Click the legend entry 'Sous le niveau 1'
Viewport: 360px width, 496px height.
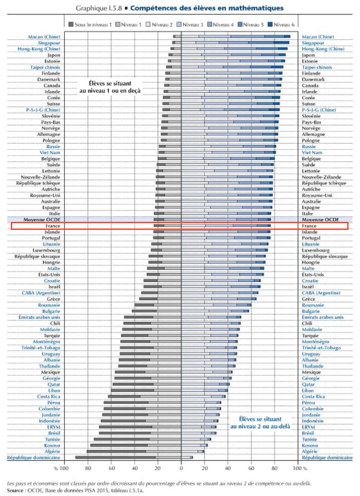click(x=90, y=25)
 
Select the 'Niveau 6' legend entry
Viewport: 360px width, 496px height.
click(x=281, y=25)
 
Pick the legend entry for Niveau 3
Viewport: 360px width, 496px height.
click(x=190, y=25)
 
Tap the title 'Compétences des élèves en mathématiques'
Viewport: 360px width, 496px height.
click(x=207, y=8)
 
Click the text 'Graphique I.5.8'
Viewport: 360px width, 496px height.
click(x=99, y=8)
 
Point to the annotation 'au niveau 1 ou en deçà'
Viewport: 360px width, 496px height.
click(x=110, y=91)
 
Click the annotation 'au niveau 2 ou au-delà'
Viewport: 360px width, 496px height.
click(x=260, y=426)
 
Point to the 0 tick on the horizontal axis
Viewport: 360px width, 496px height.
click(x=181, y=468)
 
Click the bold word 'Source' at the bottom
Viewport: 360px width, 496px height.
click(x=15, y=491)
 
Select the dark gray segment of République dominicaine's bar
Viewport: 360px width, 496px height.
click(x=116, y=457)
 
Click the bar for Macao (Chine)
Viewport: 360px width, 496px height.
click(x=232, y=37)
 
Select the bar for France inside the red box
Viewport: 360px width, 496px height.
click(x=212, y=226)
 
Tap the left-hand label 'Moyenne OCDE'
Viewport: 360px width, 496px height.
click(x=42, y=220)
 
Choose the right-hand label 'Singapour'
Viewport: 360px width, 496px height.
click(x=313, y=43)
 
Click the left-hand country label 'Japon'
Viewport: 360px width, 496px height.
click(x=53, y=55)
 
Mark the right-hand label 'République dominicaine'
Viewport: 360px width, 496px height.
click(x=327, y=458)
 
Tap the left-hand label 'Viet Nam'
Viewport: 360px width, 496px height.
click(x=50, y=152)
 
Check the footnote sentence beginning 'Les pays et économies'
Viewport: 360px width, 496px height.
click(x=159, y=484)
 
